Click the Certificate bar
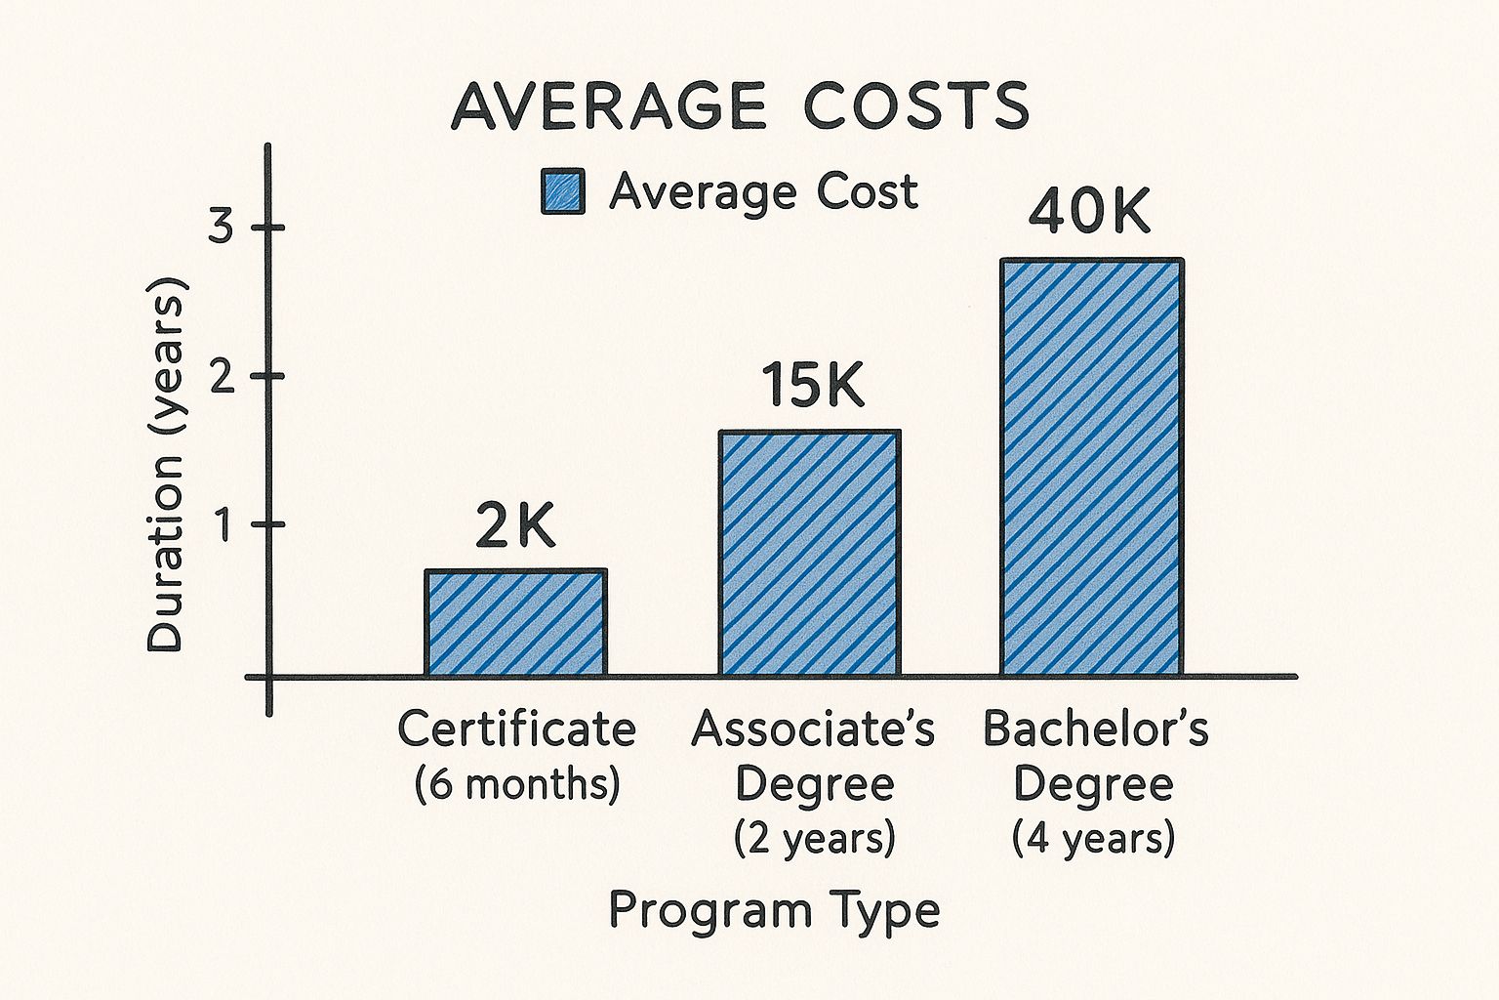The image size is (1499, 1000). [515, 623]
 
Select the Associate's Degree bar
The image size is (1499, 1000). [810, 553]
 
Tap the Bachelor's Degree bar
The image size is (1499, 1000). [1092, 467]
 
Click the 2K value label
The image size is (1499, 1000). [515, 528]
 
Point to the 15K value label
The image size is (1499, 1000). [812, 386]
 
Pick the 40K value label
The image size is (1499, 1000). [1090, 212]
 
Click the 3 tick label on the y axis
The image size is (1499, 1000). [222, 228]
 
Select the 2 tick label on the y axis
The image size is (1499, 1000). [222, 376]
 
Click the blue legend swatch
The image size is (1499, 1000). [563, 191]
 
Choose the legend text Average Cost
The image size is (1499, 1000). [763, 191]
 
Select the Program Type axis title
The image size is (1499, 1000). [774, 910]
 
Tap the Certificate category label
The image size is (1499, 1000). [516, 729]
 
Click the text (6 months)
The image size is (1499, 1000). [516, 784]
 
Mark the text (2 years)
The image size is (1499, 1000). [814, 838]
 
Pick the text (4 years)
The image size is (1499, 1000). [1093, 838]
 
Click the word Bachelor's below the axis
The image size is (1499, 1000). [1095, 729]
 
